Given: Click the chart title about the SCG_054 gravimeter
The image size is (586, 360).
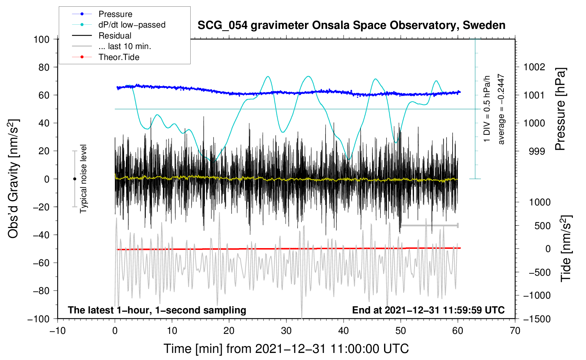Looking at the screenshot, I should pyautogui.click(x=351, y=25).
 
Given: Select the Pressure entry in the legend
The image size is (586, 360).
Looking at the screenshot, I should pyautogui.click(x=115, y=14).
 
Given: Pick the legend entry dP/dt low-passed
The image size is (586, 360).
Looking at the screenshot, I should pyautogui.click(x=132, y=25).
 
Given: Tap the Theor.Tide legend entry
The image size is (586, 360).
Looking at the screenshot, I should pyautogui.click(x=119, y=57).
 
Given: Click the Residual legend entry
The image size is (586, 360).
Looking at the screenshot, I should pyautogui.click(x=115, y=36).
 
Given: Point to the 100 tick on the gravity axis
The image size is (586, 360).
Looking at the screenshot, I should pyautogui.click(x=41, y=39).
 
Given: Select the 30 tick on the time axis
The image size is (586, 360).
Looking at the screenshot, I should pyautogui.click(x=286, y=331).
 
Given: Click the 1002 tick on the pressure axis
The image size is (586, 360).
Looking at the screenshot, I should pyautogui.click(x=534, y=67).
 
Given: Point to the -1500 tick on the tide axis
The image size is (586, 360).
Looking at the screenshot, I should pyautogui.click(x=537, y=319).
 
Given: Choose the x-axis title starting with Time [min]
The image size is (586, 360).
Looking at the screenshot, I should pyautogui.click(x=286, y=349).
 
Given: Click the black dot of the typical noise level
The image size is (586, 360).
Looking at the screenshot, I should pyautogui.click(x=75, y=179).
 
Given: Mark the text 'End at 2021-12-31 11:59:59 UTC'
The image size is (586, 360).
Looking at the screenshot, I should pyautogui.click(x=428, y=310).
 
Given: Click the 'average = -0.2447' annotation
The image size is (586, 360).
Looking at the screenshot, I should pyautogui.click(x=501, y=109).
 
